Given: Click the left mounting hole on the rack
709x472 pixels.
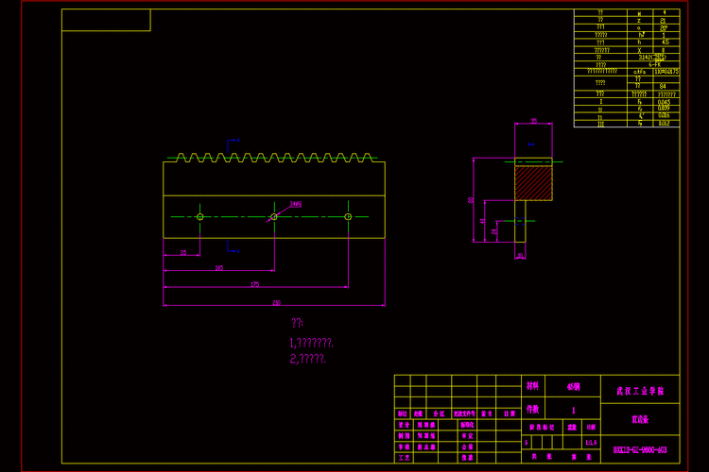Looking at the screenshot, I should point(200,216).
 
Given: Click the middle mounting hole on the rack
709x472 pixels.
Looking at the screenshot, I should point(274,216).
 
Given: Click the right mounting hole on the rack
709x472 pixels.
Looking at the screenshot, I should point(348,216).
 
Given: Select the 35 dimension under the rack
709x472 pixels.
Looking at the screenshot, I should point(183,252).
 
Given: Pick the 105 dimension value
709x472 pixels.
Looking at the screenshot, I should point(219,268).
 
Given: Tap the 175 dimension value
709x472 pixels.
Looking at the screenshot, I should point(254,284).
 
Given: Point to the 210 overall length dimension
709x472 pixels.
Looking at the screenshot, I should point(276,302).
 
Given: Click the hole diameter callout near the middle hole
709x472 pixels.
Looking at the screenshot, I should point(295,203).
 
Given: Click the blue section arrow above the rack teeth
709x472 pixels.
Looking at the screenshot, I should point(231,142).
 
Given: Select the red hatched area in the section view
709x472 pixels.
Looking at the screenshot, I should point(533,179).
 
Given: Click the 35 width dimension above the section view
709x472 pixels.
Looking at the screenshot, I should point(533,121).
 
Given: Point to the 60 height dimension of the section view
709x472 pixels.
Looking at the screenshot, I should point(471,200).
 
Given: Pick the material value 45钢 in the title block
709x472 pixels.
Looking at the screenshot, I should point(574,386).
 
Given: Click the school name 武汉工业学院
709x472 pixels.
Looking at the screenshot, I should point(640,389).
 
